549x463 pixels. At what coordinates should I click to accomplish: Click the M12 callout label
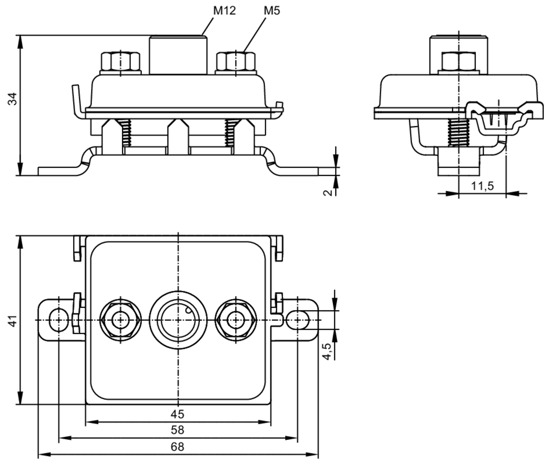(224, 11)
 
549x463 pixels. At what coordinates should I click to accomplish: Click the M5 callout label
(272, 11)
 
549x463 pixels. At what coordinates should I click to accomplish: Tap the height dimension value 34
(13, 99)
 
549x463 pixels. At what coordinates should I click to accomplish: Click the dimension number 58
(177, 430)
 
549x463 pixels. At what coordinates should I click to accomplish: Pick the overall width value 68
(177, 447)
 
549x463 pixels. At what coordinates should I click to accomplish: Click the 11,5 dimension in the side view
(482, 186)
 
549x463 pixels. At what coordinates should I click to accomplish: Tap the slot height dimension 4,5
(327, 351)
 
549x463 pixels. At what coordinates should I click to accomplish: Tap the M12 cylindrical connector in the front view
(178, 55)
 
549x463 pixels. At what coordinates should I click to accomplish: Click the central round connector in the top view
(178, 320)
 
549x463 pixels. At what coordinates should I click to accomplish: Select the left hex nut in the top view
(120, 320)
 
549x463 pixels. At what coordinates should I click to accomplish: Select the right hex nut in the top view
(236, 320)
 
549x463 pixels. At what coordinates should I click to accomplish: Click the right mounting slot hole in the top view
(298, 320)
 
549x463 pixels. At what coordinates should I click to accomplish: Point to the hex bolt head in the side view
(459, 61)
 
